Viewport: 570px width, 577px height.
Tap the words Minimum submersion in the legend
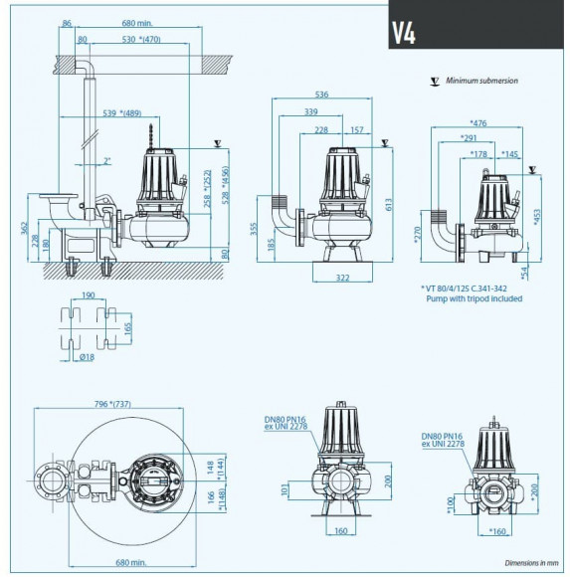(x=481, y=81)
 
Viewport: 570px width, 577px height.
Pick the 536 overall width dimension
(x=321, y=95)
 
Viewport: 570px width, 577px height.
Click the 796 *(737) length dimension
(x=126, y=404)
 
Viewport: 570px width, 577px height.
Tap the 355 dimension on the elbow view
(x=256, y=228)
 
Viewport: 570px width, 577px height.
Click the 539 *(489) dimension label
(x=122, y=112)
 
